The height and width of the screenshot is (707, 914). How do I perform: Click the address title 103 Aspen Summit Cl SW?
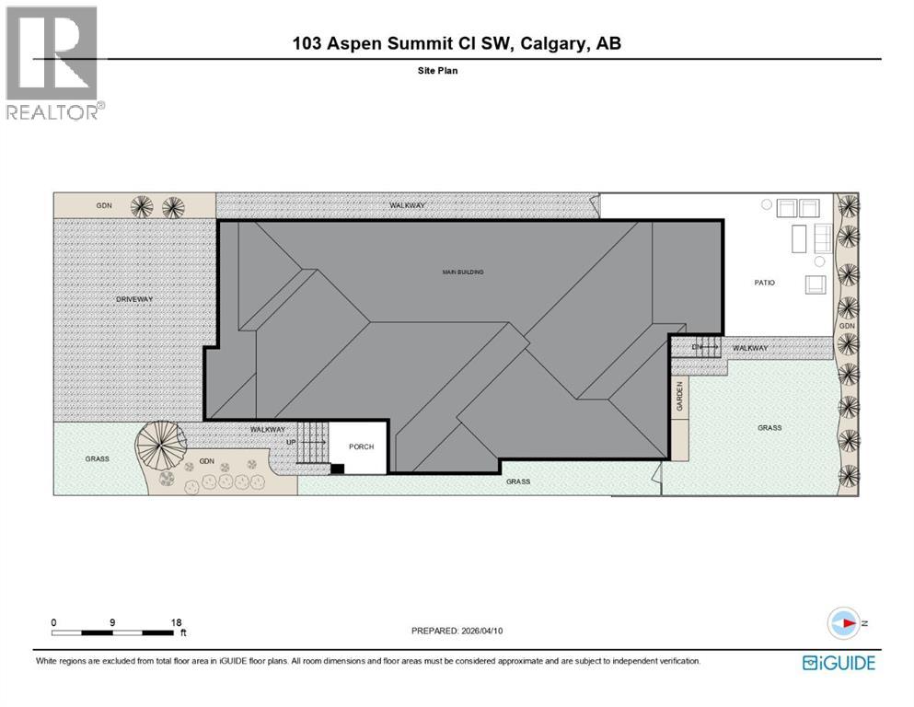(457, 43)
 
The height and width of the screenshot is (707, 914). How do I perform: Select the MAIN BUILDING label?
(463, 272)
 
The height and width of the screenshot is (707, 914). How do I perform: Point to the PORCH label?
(361, 446)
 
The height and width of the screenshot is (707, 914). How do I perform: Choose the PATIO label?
(763, 283)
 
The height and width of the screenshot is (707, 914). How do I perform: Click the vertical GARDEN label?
(679, 396)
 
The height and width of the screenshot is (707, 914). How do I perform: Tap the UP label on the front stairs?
(293, 442)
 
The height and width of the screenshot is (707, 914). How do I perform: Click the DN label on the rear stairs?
(697, 346)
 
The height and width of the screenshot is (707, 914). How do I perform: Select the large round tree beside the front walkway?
(161, 446)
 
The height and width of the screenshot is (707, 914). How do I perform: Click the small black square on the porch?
(337, 469)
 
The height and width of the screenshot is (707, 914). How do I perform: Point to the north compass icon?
(841, 623)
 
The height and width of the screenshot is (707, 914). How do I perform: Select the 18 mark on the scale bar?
(176, 621)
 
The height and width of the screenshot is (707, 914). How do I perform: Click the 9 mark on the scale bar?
(112, 621)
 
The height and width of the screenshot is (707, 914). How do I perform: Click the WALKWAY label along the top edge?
(407, 205)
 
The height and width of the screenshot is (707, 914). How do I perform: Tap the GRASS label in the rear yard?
(769, 428)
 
